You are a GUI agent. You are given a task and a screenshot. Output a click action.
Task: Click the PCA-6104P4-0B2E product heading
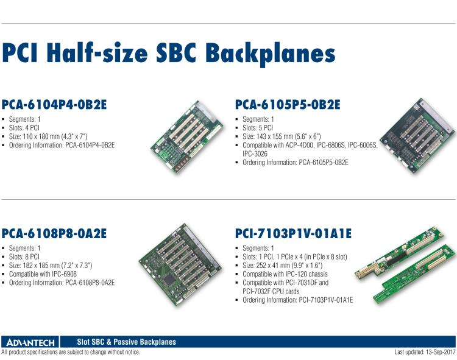coord(54,105)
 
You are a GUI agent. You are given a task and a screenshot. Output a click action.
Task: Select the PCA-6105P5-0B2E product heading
coord(287,105)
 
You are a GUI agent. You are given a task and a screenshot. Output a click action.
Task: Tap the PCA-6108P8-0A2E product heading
coord(54,233)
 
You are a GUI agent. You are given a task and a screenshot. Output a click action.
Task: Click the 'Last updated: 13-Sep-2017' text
coord(425,352)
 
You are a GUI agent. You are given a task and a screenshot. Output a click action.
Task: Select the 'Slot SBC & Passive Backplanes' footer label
coord(127,342)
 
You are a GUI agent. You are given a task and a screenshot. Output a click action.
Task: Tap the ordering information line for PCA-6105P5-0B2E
coord(295,163)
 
